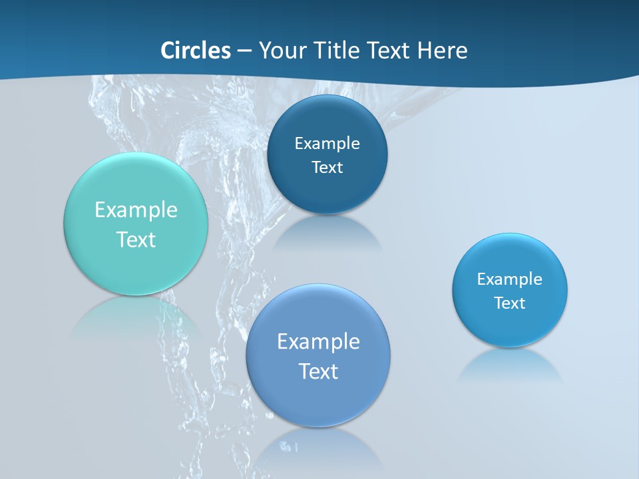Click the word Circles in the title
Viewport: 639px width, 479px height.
coord(195,50)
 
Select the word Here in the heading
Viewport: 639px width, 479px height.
coord(443,50)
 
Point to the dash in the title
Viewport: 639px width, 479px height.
coord(244,51)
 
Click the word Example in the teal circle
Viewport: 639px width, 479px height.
coord(136,210)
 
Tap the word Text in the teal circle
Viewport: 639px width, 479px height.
coord(136,239)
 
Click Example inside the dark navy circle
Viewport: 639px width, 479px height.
coord(327,143)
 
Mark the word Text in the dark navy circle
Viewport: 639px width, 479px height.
coord(327,167)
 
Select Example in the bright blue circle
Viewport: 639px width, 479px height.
coord(510,279)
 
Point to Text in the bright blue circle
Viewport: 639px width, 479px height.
coord(510,303)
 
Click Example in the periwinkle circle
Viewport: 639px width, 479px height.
coord(318,341)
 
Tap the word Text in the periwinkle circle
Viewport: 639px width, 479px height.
coord(318,371)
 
